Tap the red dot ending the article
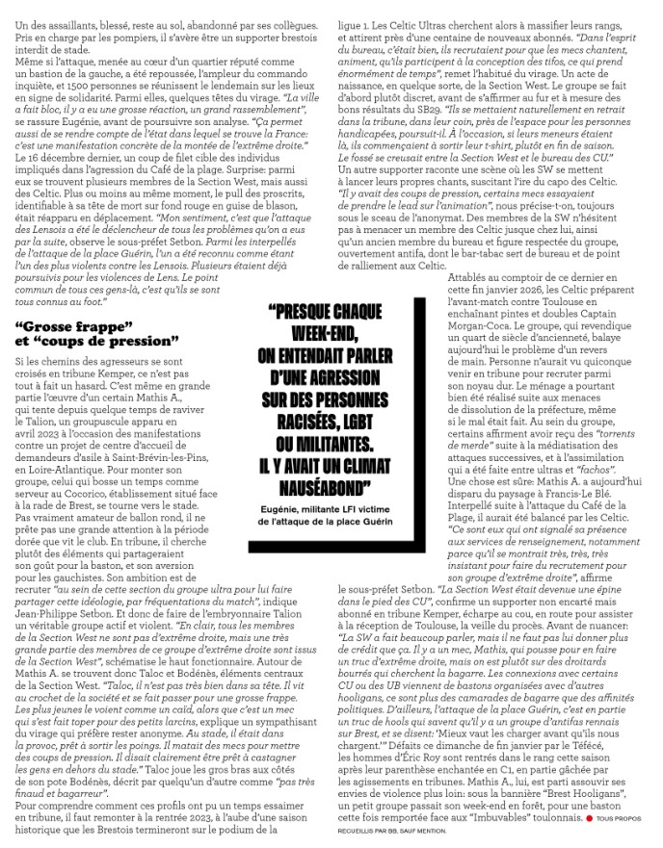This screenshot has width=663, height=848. [589, 819]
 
